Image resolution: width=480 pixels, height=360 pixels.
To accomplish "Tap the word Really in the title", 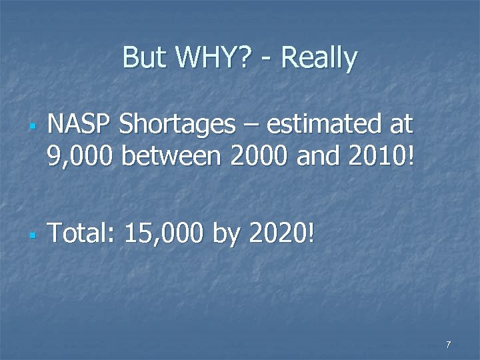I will [x=319, y=58].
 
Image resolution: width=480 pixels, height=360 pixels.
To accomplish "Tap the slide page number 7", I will [x=448, y=345].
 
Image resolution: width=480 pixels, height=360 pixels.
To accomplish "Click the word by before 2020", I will [x=225, y=235].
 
